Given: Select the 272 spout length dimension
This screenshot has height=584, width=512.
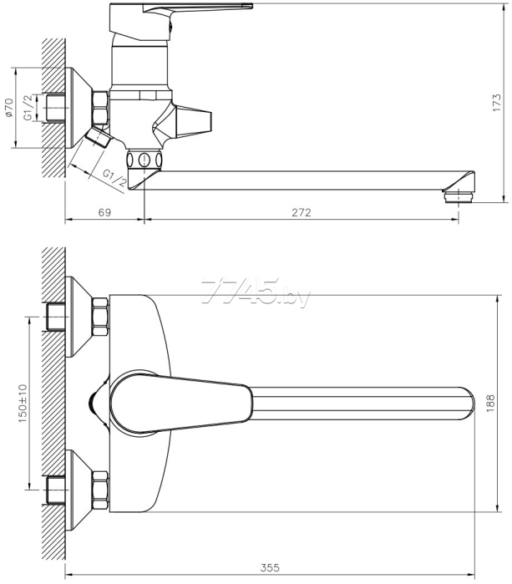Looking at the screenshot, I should [301, 213].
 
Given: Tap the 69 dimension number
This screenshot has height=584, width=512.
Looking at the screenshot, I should [104, 213].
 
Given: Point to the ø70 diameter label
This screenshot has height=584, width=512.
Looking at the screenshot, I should [8, 108].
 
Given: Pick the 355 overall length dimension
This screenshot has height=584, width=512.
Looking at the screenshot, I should [269, 568].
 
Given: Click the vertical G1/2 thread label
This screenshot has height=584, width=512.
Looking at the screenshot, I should [28, 108].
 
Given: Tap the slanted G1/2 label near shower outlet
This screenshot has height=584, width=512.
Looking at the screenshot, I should [114, 177].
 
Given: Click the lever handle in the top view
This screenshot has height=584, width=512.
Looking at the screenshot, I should [184, 402].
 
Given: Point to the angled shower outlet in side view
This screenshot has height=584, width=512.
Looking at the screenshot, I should [98, 136].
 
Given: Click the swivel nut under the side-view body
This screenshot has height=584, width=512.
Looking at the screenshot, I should [144, 160].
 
